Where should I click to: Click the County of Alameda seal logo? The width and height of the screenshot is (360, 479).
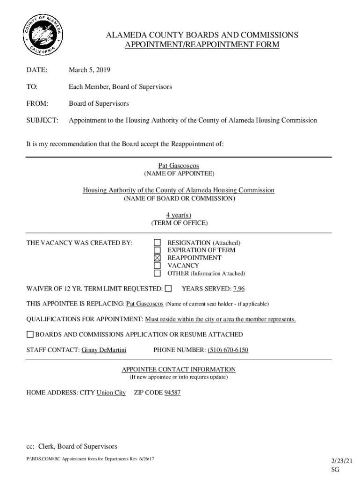pos(43,36)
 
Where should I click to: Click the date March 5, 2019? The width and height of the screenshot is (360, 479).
pos(89,70)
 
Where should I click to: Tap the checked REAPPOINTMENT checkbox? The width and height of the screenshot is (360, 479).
pos(158,258)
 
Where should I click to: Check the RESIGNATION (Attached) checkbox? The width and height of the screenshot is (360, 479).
pos(158,242)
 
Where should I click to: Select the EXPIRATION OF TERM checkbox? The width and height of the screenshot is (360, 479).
pos(158,250)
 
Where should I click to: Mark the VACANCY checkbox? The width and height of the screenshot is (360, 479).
pos(158,265)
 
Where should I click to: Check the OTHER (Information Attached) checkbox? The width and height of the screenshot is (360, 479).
pos(158,273)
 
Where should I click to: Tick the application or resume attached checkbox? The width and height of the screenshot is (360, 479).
pos(30,334)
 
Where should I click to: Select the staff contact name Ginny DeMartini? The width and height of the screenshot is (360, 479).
pos(104,350)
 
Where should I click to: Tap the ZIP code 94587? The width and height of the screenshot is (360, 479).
pos(172,392)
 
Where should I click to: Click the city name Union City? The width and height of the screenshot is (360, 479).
pos(111,392)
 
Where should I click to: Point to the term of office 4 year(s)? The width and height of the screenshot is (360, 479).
pos(179,215)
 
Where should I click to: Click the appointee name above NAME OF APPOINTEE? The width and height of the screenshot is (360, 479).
pos(179,166)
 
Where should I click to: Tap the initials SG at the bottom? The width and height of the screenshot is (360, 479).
pos(335,469)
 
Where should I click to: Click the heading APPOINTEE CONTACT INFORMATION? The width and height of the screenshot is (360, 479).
pos(179,369)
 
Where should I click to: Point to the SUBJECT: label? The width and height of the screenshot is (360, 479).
pos(42,120)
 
